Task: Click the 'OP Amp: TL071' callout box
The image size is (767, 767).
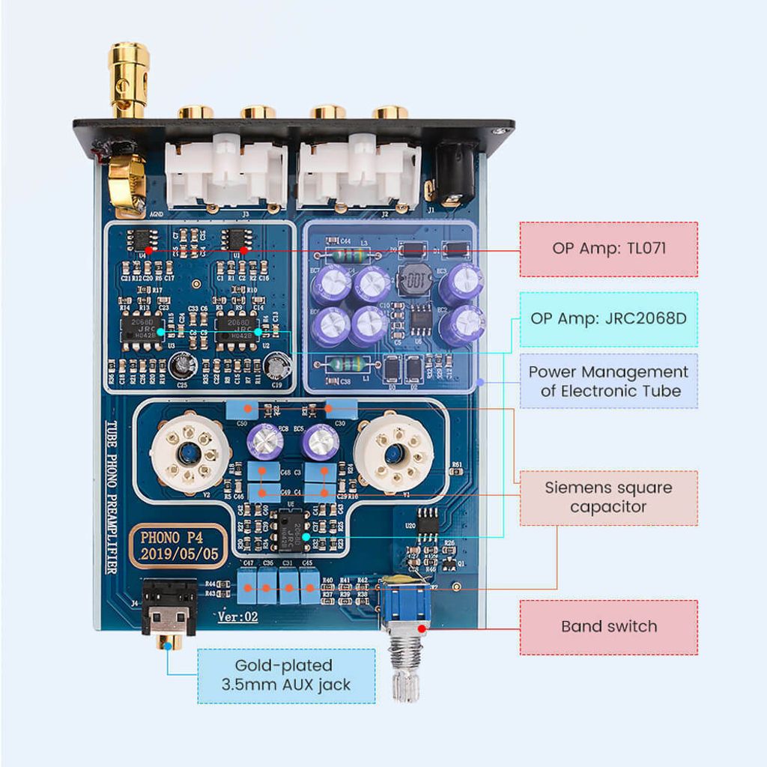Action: tap(608, 249)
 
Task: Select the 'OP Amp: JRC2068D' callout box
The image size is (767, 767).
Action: tap(608, 318)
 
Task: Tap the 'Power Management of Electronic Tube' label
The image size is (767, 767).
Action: tap(608, 381)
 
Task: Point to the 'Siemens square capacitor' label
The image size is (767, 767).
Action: tap(608, 497)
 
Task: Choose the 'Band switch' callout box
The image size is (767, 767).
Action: tap(608, 627)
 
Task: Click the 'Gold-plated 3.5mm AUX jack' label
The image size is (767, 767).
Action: tap(286, 676)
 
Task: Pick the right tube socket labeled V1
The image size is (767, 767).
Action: tap(391, 454)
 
